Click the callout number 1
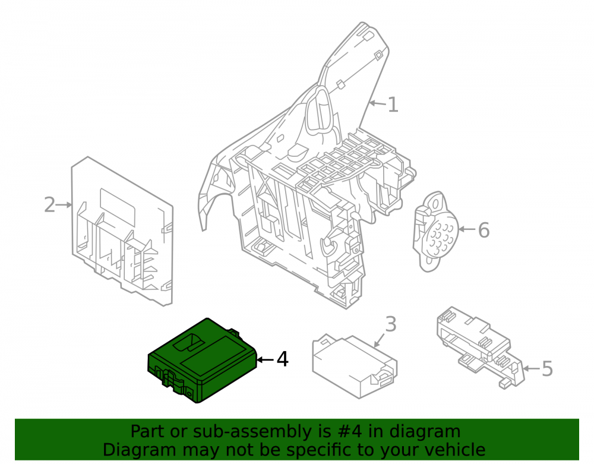[x=393, y=105]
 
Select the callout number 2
[x=50, y=205]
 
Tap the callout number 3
[x=391, y=324]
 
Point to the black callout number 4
[x=283, y=359]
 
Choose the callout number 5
[x=548, y=368]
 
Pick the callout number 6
[x=484, y=230]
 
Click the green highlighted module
[x=202, y=360]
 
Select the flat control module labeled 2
[x=122, y=231]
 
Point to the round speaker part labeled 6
[x=435, y=232]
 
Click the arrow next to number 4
[x=265, y=359]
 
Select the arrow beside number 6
[x=467, y=229]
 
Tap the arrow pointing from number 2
[x=64, y=205]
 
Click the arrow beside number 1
[x=378, y=103]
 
